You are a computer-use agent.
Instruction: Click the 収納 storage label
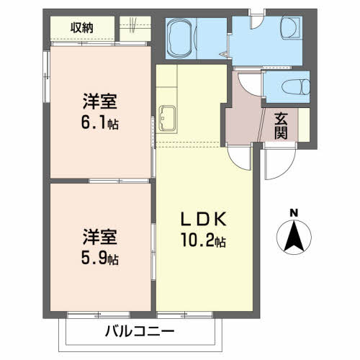pos(82,28)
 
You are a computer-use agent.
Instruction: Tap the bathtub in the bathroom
pos(181,38)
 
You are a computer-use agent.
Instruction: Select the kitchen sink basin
pos(166,118)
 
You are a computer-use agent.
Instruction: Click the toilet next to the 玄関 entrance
pos(296,86)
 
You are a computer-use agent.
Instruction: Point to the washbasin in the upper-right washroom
pos(291,27)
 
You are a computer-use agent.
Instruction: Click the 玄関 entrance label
pos(281,126)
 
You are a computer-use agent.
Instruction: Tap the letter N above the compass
pos(294,213)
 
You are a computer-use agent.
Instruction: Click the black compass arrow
pos(294,235)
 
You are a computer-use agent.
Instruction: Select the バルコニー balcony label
pos(140,332)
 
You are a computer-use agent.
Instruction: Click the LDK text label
pos(204,219)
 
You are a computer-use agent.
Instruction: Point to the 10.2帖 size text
pos(204,240)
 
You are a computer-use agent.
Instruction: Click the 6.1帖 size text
pos(100,123)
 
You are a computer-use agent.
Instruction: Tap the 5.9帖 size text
pos(100,258)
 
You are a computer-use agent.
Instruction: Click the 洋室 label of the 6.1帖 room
pos(100,102)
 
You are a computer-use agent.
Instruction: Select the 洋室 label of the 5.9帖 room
pos(100,237)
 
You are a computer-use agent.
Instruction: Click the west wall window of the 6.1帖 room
pos(46,76)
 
